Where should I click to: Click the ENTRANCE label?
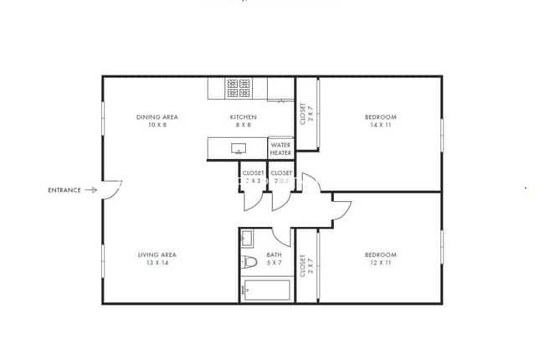64,190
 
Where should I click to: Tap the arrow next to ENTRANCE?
90,190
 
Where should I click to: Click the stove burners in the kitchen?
239,87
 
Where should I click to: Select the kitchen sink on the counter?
239,149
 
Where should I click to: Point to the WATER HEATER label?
280,148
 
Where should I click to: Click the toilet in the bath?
249,263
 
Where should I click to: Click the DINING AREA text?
157,117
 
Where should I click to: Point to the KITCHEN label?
244,117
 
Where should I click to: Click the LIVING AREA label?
157,255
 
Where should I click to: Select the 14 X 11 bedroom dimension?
380,125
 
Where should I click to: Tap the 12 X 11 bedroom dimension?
380,263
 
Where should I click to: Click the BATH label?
274,255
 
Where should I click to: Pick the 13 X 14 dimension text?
157,263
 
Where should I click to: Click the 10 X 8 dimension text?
157,125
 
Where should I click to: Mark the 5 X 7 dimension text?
274,263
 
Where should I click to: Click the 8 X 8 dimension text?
244,125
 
